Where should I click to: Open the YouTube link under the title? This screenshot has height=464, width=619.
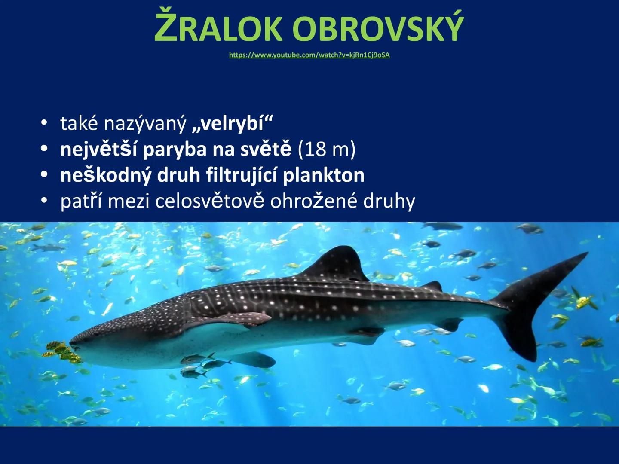pyautogui.click(x=309, y=55)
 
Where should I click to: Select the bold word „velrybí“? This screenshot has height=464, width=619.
pyautogui.click(x=233, y=124)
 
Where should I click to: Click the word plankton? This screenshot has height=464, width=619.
pyautogui.click(x=324, y=175)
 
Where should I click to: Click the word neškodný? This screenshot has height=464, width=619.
pyautogui.click(x=106, y=175)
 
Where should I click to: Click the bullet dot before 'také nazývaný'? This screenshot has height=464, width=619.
pyautogui.click(x=43, y=123)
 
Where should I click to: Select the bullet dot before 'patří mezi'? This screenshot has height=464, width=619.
pyautogui.click(x=43, y=201)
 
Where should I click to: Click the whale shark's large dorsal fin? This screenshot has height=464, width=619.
pyautogui.click(x=340, y=263)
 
